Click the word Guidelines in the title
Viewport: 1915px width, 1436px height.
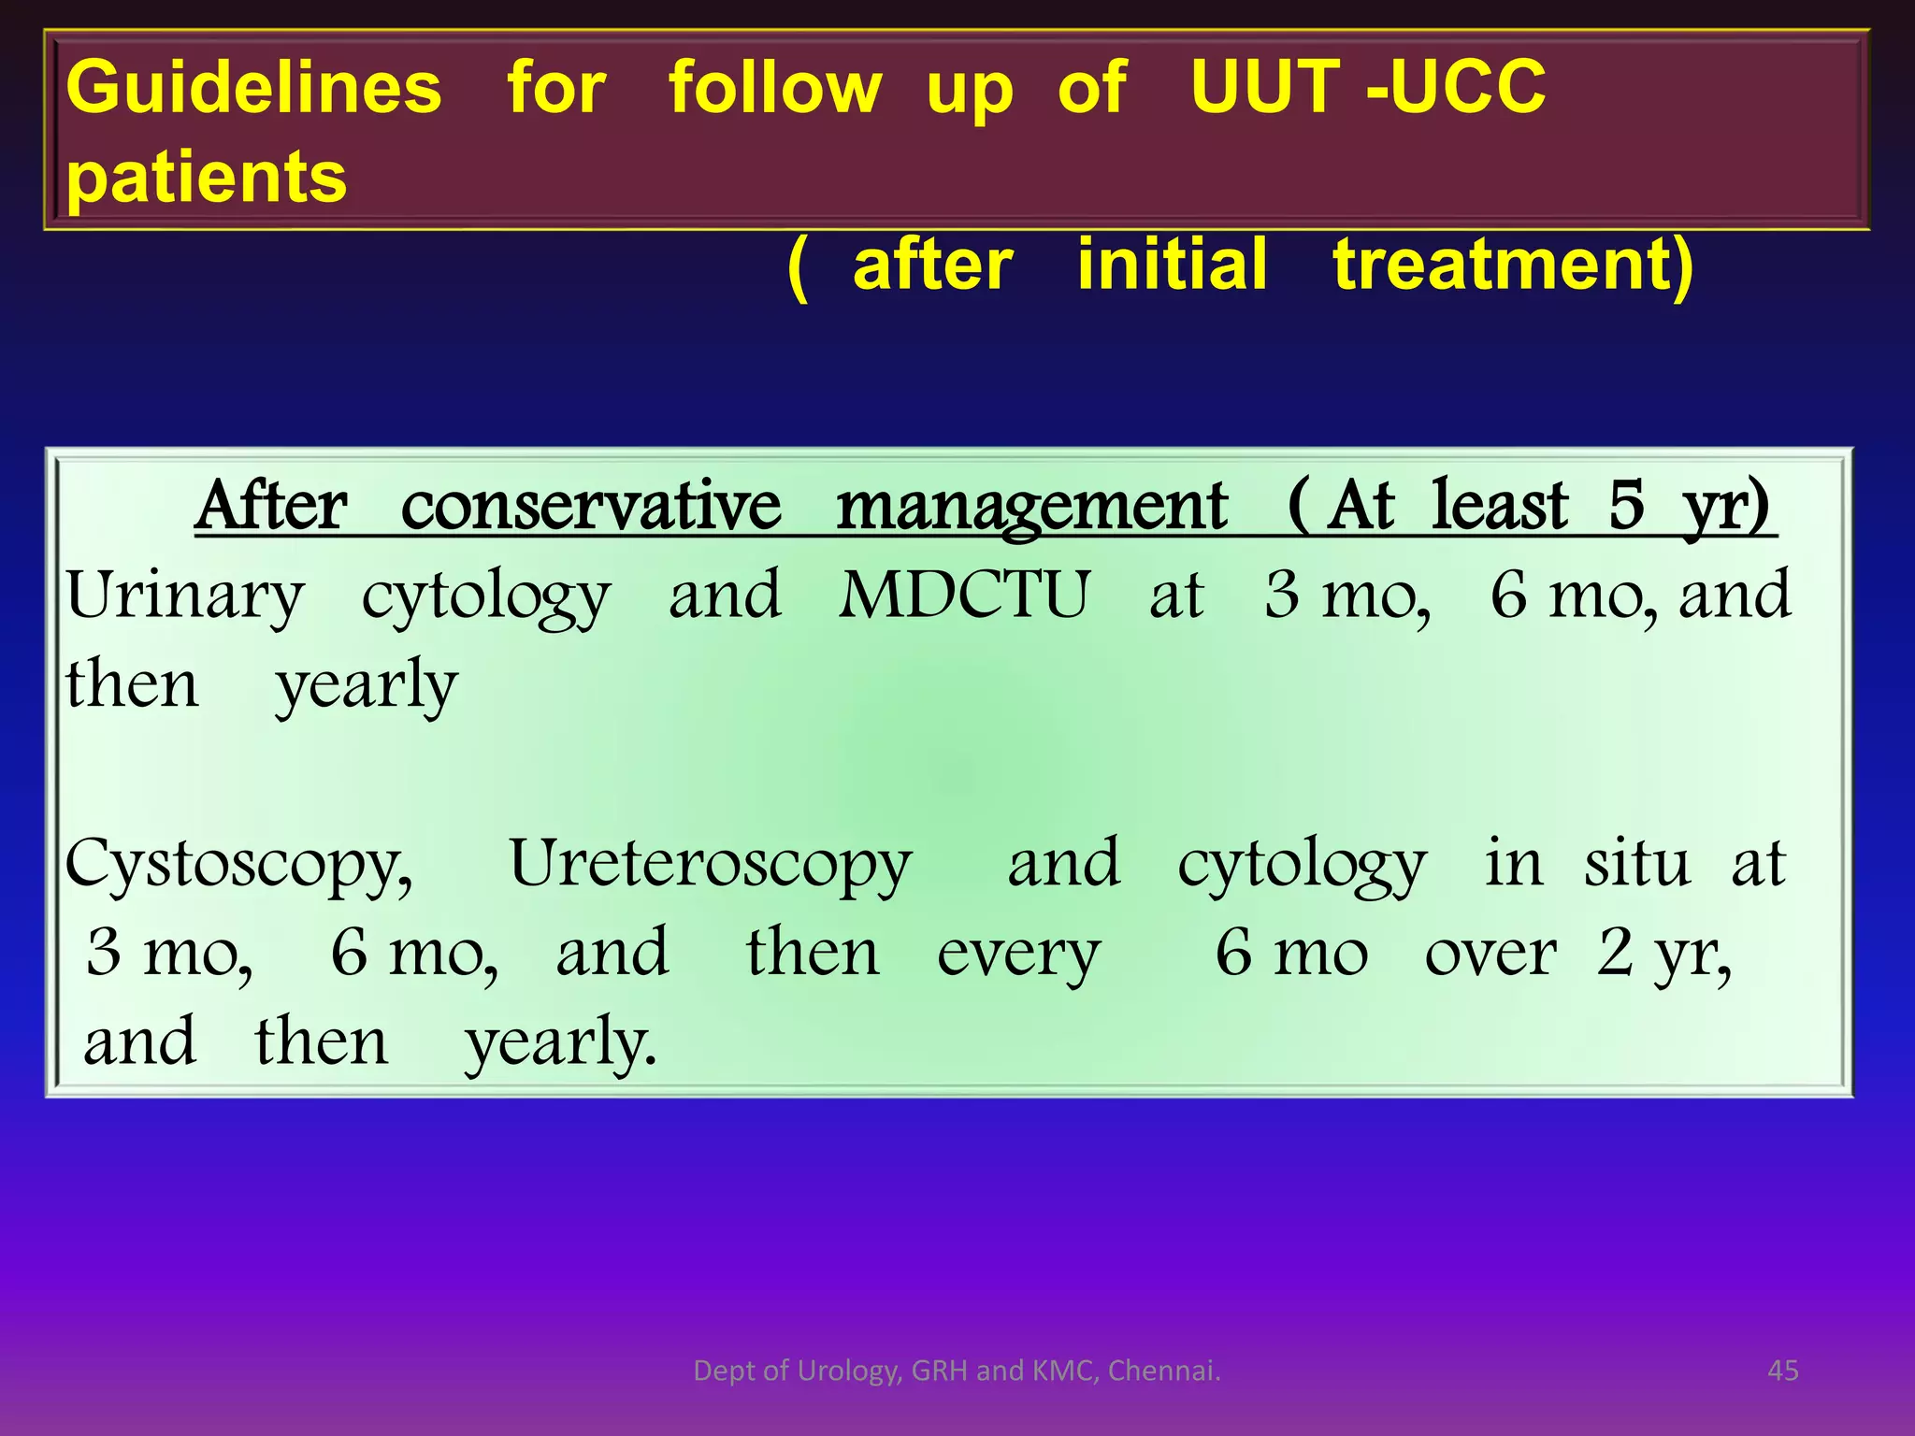[253, 88]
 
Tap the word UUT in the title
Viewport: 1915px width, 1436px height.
[1265, 88]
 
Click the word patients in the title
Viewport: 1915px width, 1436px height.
[207, 178]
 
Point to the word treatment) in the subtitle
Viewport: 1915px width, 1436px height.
[1512, 266]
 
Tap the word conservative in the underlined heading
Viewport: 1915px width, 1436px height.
[590, 507]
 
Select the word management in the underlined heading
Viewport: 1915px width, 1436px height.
[1031, 507]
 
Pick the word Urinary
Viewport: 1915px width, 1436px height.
[185, 596]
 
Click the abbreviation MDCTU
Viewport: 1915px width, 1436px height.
[964, 596]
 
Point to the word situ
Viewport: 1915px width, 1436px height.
[1636, 863]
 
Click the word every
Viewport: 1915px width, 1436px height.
[1018, 955]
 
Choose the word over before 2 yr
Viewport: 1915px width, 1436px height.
[1490, 955]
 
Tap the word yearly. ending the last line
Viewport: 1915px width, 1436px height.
[561, 1042]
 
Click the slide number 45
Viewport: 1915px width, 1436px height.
[1783, 1371]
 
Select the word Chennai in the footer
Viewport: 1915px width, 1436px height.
[1164, 1371]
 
